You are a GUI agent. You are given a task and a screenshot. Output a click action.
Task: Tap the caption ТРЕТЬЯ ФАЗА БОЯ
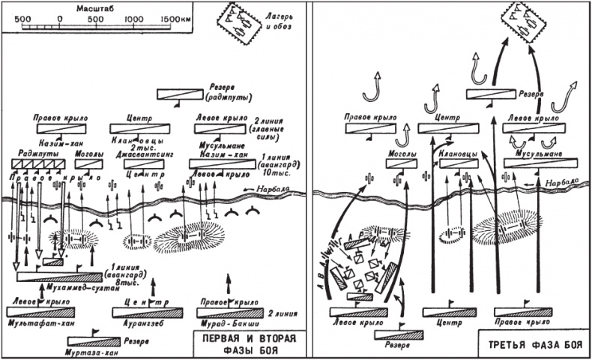click(531, 346)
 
